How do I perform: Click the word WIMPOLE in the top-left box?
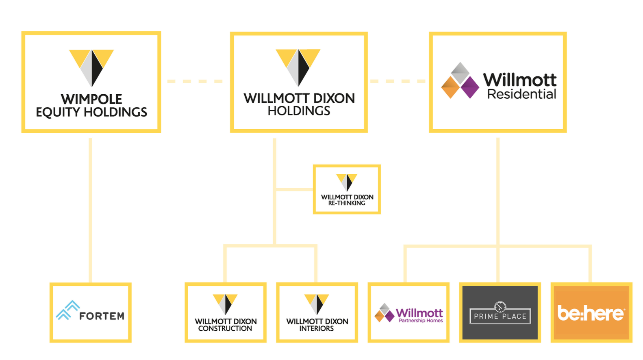pyautogui.click(x=91, y=99)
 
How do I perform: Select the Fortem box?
pyautogui.click(x=90, y=312)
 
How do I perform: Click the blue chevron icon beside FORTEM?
pyautogui.click(x=67, y=310)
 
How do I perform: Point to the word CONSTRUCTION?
pyautogui.click(x=225, y=328)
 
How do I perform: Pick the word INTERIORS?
pyautogui.click(x=317, y=328)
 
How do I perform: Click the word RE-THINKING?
pyautogui.click(x=347, y=203)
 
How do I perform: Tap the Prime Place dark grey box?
pyautogui.click(x=500, y=312)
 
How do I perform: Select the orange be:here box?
pyautogui.click(x=591, y=312)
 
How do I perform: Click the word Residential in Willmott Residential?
pyautogui.click(x=522, y=94)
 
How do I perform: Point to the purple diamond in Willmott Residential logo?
pyautogui.click(x=470, y=87)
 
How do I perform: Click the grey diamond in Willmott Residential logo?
pyautogui.click(x=460, y=73)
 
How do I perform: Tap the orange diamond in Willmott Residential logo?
pyautogui.click(x=451, y=87)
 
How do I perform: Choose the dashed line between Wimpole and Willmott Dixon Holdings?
pyautogui.click(x=195, y=81)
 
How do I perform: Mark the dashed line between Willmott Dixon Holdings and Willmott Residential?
pyautogui.click(x=398, y=81)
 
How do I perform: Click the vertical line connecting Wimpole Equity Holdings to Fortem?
pyautogui.click(x=90, y=210)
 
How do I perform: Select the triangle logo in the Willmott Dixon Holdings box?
pyautogui.click(x=298, y=68)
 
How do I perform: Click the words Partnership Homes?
pyautogui.click(x=421, y=321)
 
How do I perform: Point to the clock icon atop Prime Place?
pyautogui.click(x=500, y=307)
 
